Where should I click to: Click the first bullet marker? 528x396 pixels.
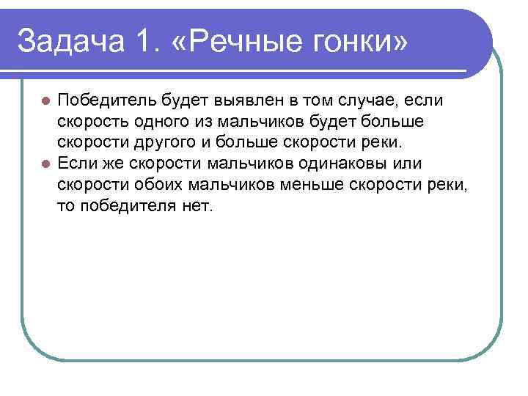coord(45,100)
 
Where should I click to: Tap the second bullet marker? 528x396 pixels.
coord(45,164)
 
